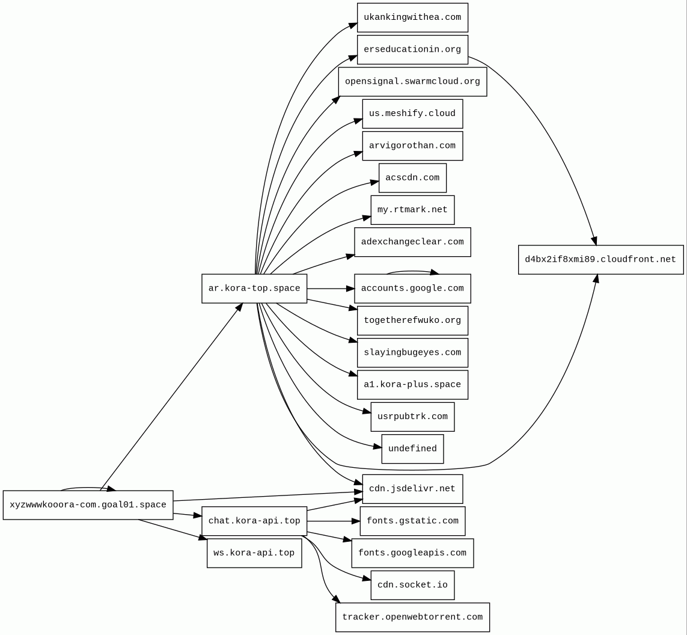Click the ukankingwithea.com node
pos(412,17)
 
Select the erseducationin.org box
pos(412,49)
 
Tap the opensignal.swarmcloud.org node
pos(412,82)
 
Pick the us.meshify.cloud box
pos(412,114)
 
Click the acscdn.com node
pos(412,178)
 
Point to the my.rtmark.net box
pos(412,210)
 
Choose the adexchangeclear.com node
pos(412,242)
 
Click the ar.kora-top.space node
pos(254,289)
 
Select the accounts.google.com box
pos(412,289)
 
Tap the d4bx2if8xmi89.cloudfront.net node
pos(600,260)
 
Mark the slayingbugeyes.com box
pos(412,352)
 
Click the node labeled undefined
pos(412,449)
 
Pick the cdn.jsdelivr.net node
pos(412,489)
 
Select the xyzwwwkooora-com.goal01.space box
pos(88,505)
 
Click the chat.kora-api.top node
pos(254,521)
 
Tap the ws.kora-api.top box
pos(254,553)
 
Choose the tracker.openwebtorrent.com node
pos(412,617)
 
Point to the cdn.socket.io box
pos(412,585)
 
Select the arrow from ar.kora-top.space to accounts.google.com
pos(331,289)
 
